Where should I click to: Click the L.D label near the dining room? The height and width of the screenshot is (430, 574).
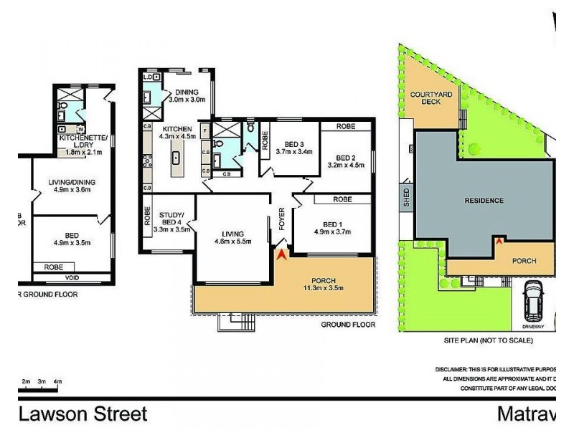coord(149,77)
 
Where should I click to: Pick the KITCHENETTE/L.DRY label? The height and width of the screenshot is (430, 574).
coord(84,140)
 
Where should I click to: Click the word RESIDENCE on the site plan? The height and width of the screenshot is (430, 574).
coord(483,201)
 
